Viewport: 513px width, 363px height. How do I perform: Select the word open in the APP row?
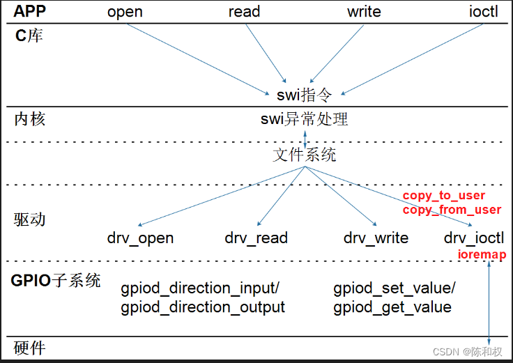(125, 12)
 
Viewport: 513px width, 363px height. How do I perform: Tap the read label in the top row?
(244, 12)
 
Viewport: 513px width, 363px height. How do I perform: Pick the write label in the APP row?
(364, 12)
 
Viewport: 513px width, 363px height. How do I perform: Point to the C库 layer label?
(29, 35)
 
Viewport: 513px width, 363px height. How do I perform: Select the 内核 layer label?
(30, 119)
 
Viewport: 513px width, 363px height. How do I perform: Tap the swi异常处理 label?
(304, 119)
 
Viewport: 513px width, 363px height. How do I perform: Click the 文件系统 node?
(304, 155)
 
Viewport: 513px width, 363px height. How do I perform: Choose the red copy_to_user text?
(444, 196)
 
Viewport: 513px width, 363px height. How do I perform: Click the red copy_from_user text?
(452, 210)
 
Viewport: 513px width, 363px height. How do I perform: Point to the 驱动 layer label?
(30, 219)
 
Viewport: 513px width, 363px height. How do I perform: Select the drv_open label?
(140, 238)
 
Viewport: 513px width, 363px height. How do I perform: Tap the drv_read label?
(256, 238)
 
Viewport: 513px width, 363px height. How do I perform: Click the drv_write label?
(376, 238)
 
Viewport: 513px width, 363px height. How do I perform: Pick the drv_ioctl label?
(474, 238)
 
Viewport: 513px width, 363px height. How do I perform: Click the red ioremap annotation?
(482, 255)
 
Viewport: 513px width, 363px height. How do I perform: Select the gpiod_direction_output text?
(203, 307)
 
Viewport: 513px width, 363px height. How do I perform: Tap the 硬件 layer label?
(30, 348)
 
